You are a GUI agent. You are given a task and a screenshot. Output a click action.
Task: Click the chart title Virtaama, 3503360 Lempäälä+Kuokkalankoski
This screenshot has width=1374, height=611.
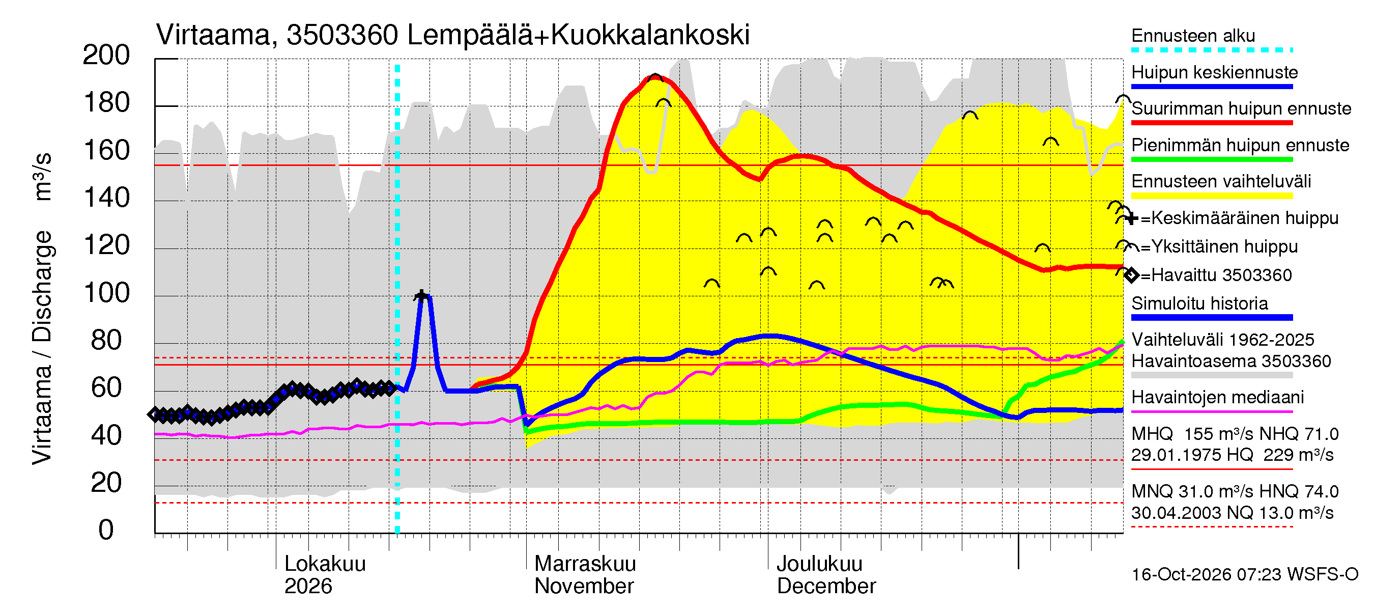[x=453, y=35]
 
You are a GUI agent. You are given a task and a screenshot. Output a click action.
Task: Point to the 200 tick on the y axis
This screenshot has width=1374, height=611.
[x=106, y=55]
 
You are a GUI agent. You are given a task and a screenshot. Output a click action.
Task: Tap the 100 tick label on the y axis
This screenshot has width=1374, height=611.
[x=107, y=293]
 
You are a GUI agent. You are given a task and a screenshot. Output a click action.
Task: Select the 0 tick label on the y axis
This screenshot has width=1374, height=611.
[x=106, y=530]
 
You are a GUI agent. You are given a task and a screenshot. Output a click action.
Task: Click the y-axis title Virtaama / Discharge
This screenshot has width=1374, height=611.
[x=42, y=348]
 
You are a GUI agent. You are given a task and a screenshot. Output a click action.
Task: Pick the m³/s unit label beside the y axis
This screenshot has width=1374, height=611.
[x=42, y=177]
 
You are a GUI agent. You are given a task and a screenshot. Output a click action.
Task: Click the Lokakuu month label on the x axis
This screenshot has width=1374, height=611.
[x=325, y=564]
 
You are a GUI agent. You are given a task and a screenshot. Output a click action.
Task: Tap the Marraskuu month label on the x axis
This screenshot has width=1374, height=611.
[x=585, y=564]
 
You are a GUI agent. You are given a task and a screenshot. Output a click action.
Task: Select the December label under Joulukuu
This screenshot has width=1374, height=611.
[x=826, y=587]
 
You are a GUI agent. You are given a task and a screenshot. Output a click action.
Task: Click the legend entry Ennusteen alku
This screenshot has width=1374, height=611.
[x=1193, y=36]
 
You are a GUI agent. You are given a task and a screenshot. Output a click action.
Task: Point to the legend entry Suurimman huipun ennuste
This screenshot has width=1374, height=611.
[x=1241, y=108]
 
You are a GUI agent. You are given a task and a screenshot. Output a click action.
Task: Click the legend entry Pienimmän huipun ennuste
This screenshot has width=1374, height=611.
[x=1240, y=145]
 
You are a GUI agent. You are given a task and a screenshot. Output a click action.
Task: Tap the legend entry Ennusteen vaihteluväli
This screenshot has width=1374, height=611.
[x=1221, y=181]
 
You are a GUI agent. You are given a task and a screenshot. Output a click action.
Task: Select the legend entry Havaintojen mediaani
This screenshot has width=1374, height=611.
[x=1217, y=398]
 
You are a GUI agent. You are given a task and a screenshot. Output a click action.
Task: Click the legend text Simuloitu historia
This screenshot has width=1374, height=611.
[x=1199, y=303]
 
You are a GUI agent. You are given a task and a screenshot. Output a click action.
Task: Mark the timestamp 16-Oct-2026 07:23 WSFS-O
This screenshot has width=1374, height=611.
[x=1244, y=575]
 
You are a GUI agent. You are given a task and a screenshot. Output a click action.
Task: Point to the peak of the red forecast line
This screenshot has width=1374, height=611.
[x=655, y=78]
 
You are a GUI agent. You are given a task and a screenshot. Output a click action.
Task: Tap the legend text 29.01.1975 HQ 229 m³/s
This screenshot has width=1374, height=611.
[x=1232, y=455]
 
